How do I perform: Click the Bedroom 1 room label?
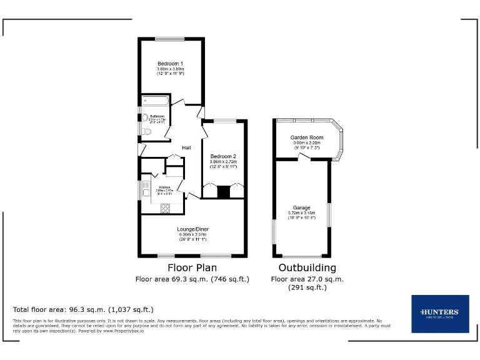[170, 64]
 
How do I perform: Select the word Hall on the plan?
[186, 147]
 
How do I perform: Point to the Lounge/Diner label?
[192, 229]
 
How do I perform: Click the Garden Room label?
[306, 137]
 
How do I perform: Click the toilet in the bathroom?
[145, 131]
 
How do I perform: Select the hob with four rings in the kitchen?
[166, 209]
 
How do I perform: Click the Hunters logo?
[440, 313]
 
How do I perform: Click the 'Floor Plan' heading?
[192, 267]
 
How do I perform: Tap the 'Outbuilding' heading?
[307, 267]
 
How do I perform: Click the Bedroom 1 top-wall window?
[170, 39]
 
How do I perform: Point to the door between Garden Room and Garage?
[305, 158]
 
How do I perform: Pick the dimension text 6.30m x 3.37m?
[192, 235]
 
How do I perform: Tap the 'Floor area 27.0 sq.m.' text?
[307, 279]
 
